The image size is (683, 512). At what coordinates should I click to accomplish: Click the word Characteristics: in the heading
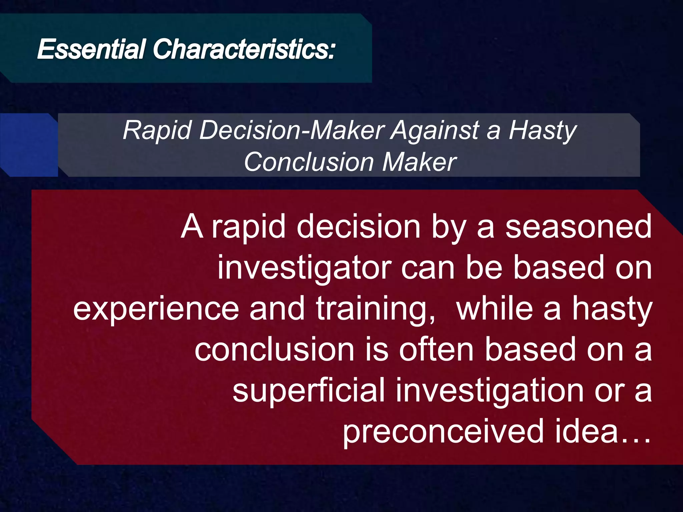click(243, 49)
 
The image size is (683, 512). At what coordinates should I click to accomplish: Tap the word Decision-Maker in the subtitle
click(292, 130)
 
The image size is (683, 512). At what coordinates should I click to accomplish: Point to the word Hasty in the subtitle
click(543, 131)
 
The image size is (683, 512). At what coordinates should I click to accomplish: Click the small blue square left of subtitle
click(29, 145)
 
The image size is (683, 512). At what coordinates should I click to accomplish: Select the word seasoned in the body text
click(578, 227)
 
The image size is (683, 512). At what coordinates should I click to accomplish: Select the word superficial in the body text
click(309, 391)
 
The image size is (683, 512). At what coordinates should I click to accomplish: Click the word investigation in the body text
click(490, 391)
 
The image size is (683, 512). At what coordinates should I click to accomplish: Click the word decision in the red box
click(358, 227)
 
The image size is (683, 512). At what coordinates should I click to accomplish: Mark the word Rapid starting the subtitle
click(157, 131)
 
